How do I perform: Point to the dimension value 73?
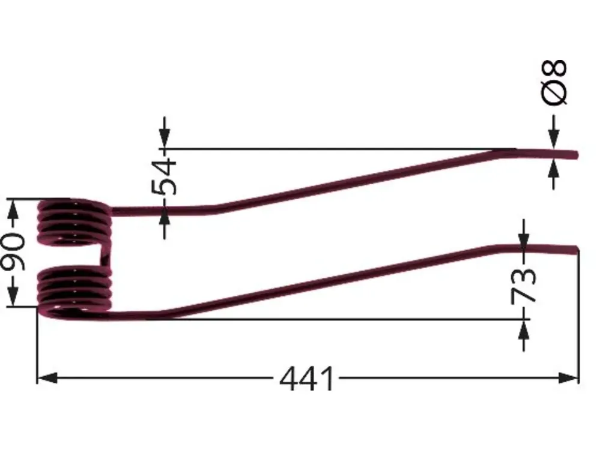(524, 285)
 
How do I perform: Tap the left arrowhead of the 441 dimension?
(47, 379)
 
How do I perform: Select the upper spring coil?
(74, 223)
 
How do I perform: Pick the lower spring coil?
(74, 292)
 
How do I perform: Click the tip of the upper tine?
(577, 155)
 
